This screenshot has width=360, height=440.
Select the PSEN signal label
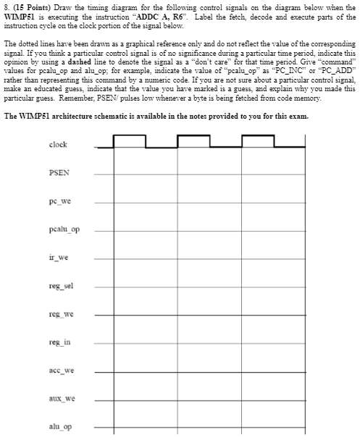[59, 173]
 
